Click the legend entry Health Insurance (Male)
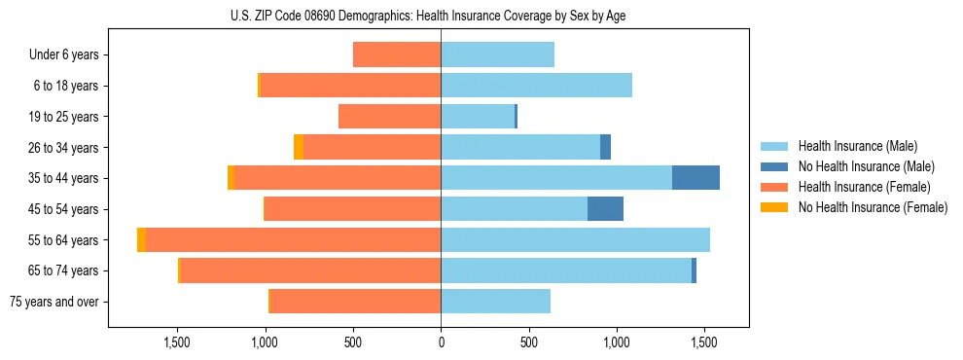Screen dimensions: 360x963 pyautogui.click(x=857, y=146)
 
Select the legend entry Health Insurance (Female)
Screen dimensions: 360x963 pyautogui.click(x=864, y=187)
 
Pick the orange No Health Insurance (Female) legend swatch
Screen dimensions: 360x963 pyautogui.click(x=774, y=207)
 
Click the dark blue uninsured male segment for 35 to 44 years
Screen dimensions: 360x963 pyautogui.click(x=695, y=178)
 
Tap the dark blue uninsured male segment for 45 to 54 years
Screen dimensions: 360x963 pyautogui.click(x=605, y=209)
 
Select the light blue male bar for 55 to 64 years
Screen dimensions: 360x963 pyautogui.click(x=575, y=239)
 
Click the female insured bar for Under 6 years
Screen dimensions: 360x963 pyautogui.click(x=397, y=54)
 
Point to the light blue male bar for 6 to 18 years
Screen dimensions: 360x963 pyautogui.click(x=536, y=86)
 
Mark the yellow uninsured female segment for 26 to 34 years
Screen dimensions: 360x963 pyautogui.click(x=299, y=147)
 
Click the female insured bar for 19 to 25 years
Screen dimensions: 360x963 pyautogui.click(x=389, y=117)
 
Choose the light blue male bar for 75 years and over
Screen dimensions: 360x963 pyautogui.click(x=495, y=302)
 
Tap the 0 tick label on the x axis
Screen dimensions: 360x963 pyautogui.click(x=441, y=342)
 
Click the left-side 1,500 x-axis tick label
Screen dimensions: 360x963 pyautogui.click(x=177, y=342)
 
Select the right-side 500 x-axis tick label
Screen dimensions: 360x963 pyautogui.click(x=528, y=342)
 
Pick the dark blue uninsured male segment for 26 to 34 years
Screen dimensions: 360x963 pyautogui.click(x=605, y=147)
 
